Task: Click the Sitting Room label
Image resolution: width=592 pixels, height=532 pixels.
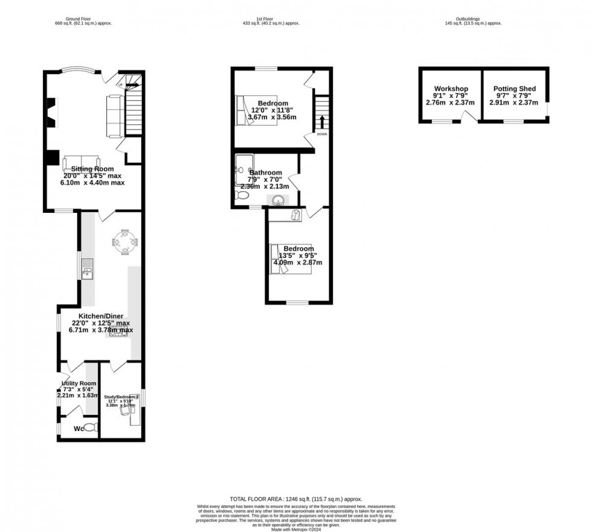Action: coord(92,168)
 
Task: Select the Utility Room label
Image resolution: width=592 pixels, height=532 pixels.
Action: coord(79,383)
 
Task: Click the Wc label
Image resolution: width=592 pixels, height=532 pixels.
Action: coord(79,429)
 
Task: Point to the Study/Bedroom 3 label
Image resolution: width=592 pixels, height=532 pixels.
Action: coord(121,397)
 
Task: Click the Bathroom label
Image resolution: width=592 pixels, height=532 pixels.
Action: coord(265,172)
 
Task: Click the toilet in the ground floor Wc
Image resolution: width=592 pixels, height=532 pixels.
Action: coord(91,427)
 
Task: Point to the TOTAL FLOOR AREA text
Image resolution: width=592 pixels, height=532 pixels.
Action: coord(295,499)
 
